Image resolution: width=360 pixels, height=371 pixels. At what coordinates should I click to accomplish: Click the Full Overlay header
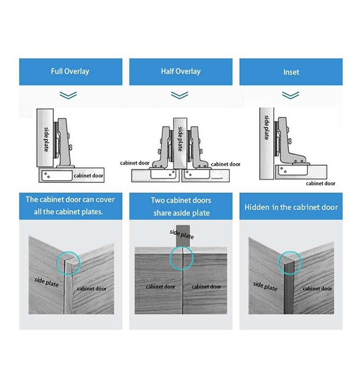click(x=70, y=71)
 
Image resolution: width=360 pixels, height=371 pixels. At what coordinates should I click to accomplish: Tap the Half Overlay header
click(x=180, y=71)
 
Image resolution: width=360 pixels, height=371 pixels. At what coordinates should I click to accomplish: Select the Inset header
click(x=291, y=72)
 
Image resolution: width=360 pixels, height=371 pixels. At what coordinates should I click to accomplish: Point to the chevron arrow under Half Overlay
click(x=180, y=95)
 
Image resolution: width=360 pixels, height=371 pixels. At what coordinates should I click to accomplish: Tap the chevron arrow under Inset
click(x=291, y=95)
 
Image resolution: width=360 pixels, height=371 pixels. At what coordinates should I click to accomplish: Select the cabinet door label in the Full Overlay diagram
click(x=88, y=176)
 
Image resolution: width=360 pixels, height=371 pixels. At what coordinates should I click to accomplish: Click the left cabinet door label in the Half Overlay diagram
click(x=135, y=163)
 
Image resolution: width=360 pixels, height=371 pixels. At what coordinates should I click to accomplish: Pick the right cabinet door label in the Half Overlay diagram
click(x=226, y=164)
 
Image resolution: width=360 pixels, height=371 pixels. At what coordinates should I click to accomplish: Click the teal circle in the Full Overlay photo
click(x=68, y=264)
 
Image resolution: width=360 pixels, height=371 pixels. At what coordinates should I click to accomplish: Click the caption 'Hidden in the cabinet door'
click(x=291, y=207)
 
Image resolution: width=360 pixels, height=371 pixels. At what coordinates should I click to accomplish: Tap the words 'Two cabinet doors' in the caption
click(x=181, y=200)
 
